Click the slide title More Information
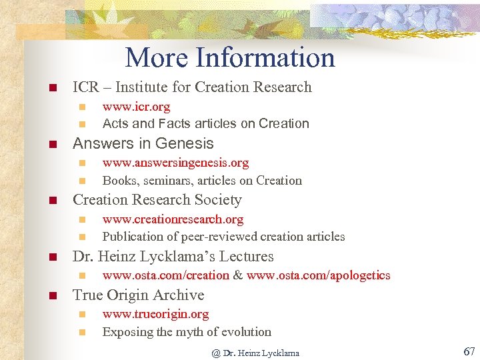230,57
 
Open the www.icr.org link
136,107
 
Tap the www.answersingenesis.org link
175,163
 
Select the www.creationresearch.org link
173,219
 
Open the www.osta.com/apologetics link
318,276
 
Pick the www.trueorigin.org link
155,314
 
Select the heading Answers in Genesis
143,143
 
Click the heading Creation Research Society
157,200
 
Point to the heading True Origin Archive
138,295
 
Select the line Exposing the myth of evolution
187,332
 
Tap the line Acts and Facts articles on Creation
205,124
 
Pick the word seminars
160,181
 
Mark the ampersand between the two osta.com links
238,276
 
